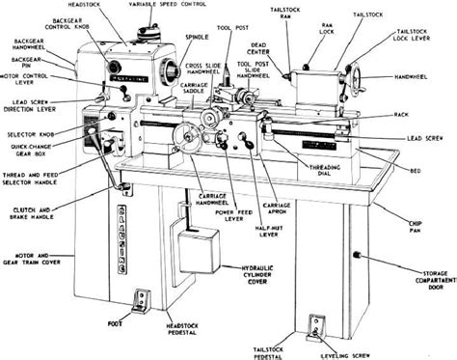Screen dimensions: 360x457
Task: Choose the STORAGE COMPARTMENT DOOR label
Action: coord(425,280)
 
